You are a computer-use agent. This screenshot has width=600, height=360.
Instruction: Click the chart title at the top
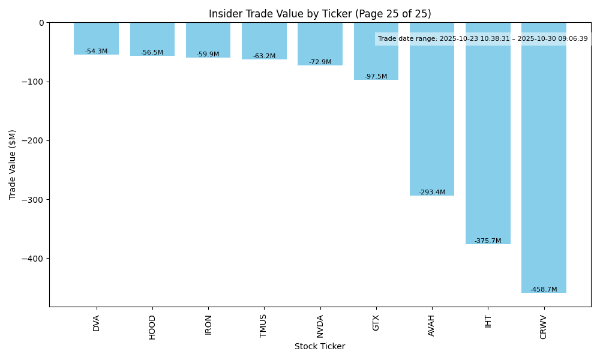click(x=320, y=14)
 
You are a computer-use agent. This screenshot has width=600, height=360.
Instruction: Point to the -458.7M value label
click(x=544, y=289)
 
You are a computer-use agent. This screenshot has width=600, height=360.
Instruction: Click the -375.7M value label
click(x=488, y=241)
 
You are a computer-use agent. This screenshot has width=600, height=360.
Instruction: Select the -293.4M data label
click(x=432, y=192)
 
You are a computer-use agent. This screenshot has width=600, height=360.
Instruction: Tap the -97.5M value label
click(x=376, y=76)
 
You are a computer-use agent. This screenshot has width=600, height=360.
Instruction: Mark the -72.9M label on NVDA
click(x=320, y=62)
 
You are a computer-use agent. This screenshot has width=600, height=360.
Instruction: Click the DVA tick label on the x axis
click(x=97, y=323)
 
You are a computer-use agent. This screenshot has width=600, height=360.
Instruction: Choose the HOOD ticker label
click(x=152, y=327)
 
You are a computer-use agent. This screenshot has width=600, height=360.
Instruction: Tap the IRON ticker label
click(x=208, y=325)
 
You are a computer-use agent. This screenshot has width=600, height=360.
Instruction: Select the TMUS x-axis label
click(x=264, y=326)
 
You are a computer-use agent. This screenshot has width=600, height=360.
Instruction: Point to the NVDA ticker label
click(x=320, y=326)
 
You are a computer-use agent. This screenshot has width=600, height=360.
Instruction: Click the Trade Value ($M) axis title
click(x=13, y=164)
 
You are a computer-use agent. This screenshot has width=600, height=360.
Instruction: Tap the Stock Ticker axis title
click(x=320, y=346)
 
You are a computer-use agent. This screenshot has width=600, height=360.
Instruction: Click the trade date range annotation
click(x=483, y=38)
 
